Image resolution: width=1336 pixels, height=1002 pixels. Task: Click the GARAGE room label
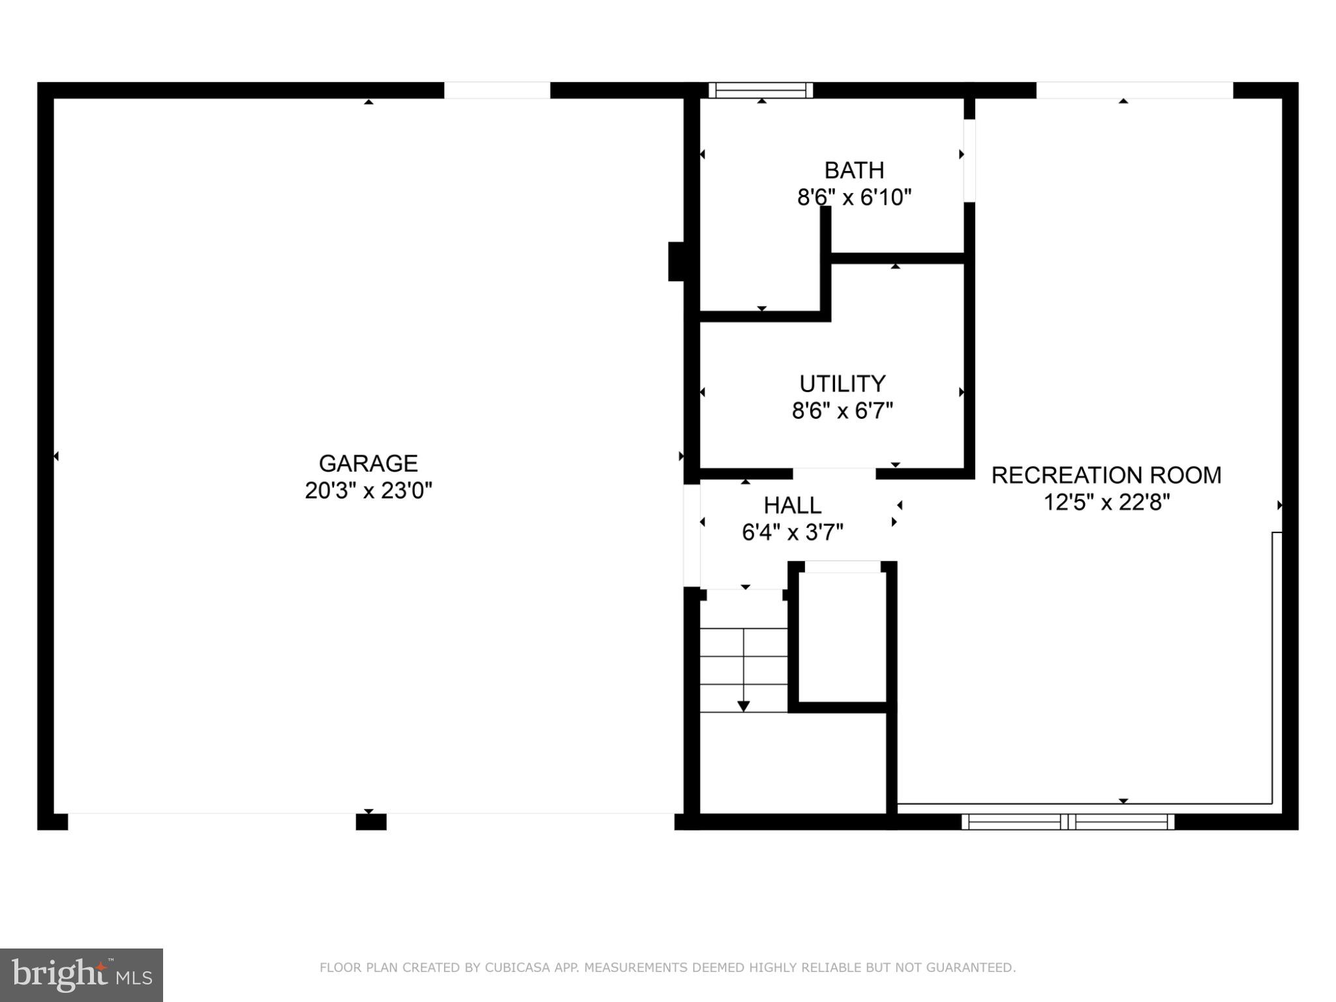click(368, 463)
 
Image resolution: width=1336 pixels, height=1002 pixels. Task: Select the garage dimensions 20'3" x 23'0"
click(368, 491)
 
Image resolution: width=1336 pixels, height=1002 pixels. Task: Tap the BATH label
click(854, 170)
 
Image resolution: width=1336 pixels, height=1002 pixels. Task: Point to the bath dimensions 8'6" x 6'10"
click(854, 197)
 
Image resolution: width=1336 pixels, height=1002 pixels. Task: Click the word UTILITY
click(842, 383)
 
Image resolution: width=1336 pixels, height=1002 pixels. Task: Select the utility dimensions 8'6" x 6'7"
click(842, 411)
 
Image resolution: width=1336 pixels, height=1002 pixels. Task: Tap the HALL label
click(792, 506)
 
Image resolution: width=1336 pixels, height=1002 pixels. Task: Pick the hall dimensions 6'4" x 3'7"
click(792, 533)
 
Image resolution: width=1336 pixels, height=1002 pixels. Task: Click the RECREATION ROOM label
click(1106, 476)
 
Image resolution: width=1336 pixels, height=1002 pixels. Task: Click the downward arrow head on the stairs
click(743, 706)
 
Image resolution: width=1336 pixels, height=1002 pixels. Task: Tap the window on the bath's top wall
click(761, 90)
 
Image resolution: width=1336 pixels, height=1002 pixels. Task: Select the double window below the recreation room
click(1068, 821)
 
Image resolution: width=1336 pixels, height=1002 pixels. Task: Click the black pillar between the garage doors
click(371, 822)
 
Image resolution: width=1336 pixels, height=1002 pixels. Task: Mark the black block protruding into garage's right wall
click(676, 262)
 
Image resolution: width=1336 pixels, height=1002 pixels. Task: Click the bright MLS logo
click(82, 975)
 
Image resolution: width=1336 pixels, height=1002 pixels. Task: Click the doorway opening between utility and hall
click(834, 474)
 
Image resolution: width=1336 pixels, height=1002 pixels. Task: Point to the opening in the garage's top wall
click(497, 90)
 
